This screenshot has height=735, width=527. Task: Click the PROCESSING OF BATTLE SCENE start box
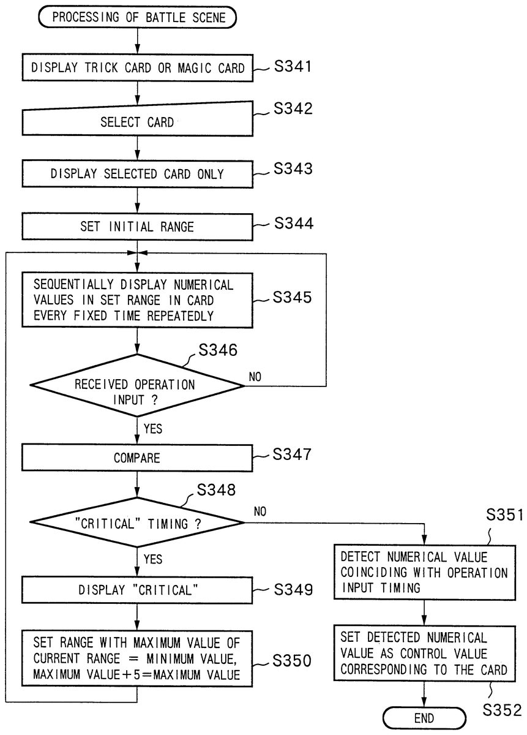138,17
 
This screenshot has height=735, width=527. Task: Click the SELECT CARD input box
138,122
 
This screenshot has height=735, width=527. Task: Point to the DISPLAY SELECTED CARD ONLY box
138,174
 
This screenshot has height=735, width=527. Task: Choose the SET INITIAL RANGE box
138,227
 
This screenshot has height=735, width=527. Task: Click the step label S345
293,298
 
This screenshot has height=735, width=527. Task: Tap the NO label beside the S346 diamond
255,377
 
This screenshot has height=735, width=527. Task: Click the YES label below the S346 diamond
153,428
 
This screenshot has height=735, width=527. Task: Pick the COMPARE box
138,458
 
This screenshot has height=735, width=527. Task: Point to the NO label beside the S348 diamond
260,511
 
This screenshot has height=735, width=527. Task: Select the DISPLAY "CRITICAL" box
138,591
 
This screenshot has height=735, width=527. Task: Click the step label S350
293,660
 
